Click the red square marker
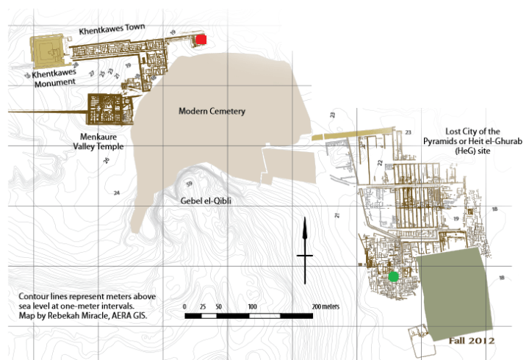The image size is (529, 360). tap(201, 39)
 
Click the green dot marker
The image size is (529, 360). tap(394, 276)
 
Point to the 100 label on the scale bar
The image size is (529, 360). tap(252, 306)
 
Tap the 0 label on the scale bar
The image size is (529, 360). tap(185, 306)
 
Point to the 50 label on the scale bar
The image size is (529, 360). tap(218, 306)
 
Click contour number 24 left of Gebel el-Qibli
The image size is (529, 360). tap(116, 192)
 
